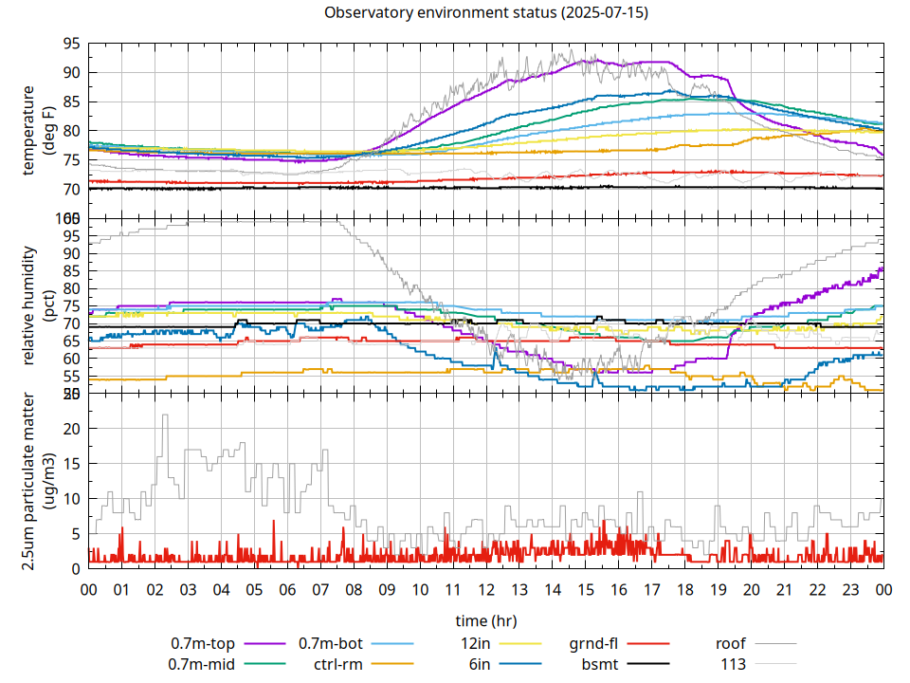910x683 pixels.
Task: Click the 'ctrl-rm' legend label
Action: pyautogui.click(x=338, y=664)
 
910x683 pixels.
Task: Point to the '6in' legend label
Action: pyautogui.click(x=480, y=664)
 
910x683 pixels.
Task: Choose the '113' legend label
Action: pyautogui.click(x=734, y=664)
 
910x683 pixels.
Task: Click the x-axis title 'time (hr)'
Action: pyautogui.click(x=486, y=621)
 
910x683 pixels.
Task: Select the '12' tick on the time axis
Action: pyautogui.click(x=486, y=589)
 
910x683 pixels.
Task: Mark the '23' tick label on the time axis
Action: pyautogui.click(x=850, y=589)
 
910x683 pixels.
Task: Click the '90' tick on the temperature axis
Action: pyautogui.click(x=71, y=73)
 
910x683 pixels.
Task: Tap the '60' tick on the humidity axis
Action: pyautogui.click(x=71, y=359)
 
